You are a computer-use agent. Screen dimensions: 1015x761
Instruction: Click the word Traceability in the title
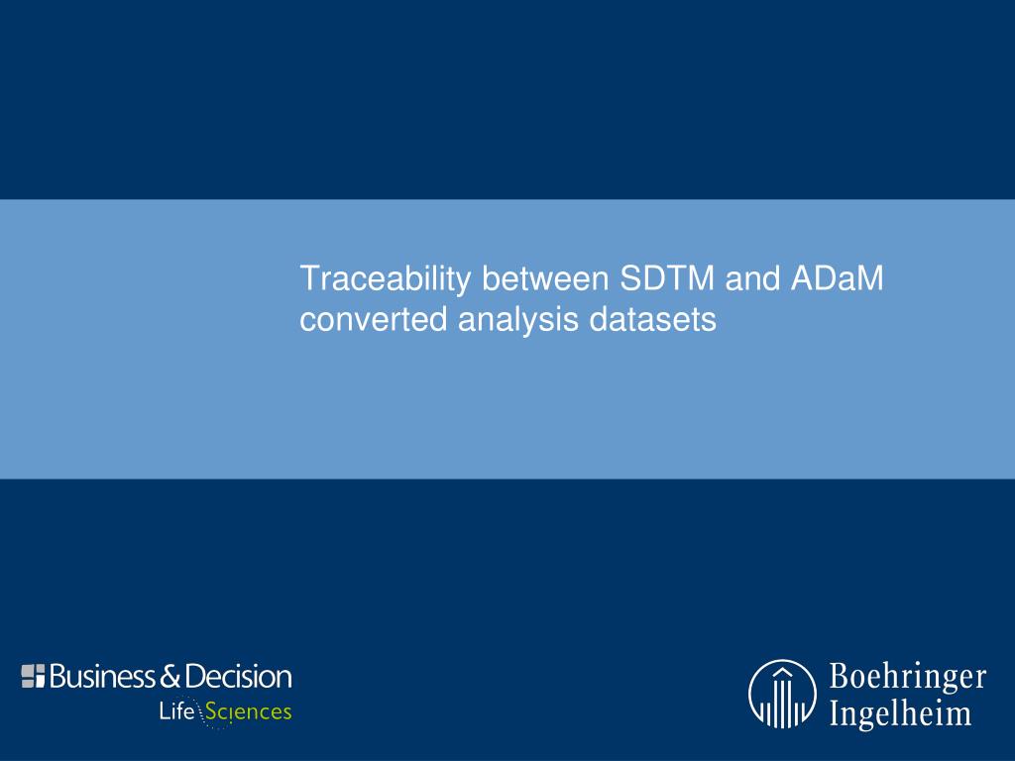point(386,279)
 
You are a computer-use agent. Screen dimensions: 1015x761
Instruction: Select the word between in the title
point(545,278)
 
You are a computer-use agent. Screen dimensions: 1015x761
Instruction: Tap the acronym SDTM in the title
point(667,278)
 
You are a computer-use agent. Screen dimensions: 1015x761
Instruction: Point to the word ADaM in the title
point(837,278)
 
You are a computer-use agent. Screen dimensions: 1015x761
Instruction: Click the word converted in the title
point(374,319)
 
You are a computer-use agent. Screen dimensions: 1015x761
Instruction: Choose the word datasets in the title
point(652,319)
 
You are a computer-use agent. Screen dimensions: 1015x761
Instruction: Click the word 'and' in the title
point(753,278)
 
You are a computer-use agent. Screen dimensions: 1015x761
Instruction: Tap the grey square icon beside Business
point(33,676)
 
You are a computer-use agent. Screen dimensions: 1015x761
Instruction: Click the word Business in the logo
point(102,676)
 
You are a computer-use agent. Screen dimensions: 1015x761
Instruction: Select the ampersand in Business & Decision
point(169,676)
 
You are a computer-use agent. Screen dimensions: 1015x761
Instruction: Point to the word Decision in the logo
point(238,676)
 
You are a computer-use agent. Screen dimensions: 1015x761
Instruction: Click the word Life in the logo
point(176,711)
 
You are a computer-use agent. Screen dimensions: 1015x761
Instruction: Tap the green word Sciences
point(248,711)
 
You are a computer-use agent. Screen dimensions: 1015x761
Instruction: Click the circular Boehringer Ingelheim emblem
point(783,694)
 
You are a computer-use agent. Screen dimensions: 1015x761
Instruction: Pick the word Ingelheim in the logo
point(900,714)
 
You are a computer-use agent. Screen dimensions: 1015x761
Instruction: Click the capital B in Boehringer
point(841,676)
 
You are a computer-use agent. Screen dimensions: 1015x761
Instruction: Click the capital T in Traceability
point(310,278)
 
